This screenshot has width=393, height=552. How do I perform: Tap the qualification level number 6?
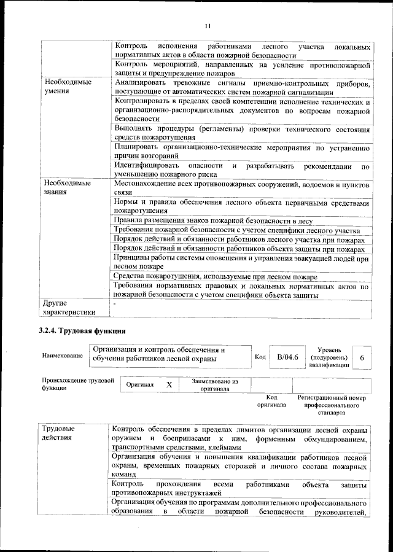(x=362, y=357)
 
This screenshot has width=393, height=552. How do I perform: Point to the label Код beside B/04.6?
(x=260, y=357)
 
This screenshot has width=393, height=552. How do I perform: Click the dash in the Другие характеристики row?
(x=115, y=303)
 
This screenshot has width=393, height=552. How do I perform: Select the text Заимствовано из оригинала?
(x=214, y=384)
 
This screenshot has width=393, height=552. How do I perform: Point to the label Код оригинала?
(x=271, y=401)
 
